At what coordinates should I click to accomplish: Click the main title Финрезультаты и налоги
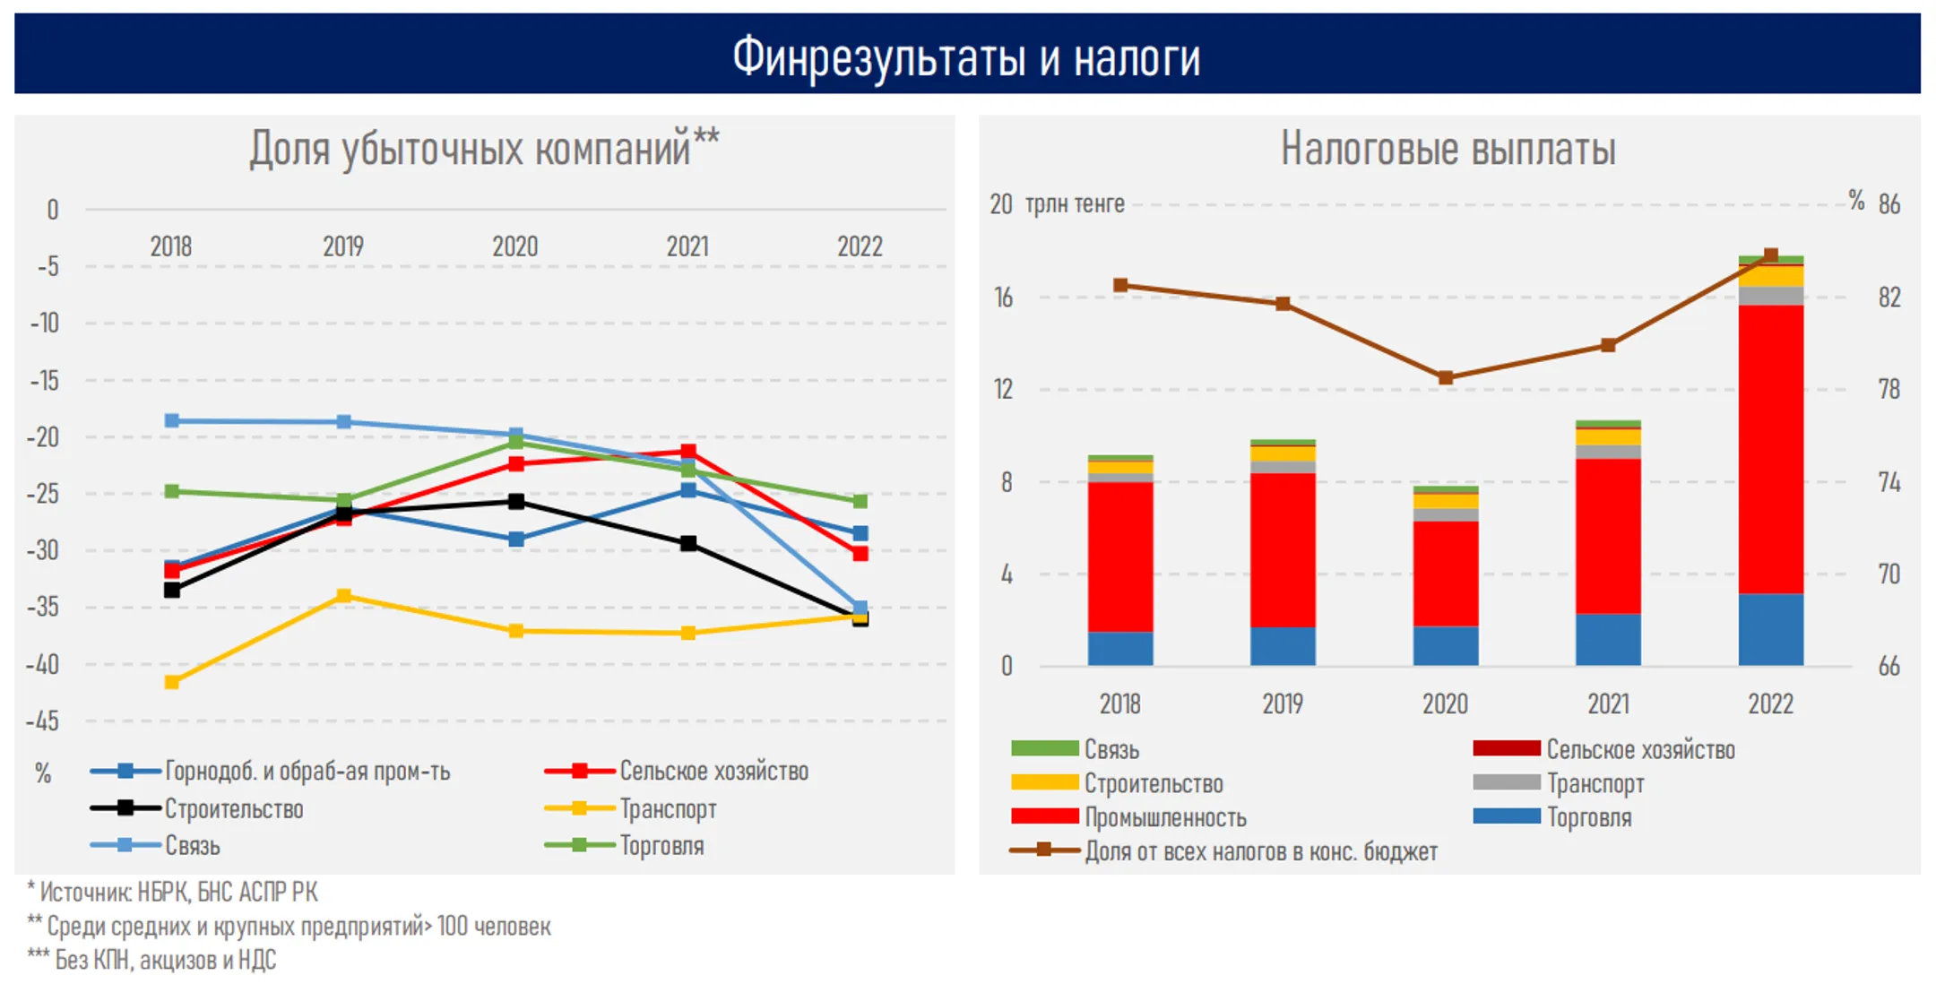[966, 57]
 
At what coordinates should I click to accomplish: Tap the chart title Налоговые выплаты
[1448, 148]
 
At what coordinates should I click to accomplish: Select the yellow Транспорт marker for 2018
[172, 682]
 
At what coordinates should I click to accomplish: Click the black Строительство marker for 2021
[688, 544]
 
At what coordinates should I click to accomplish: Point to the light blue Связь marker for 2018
[172, 420]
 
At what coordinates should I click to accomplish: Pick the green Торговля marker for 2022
[860, 501]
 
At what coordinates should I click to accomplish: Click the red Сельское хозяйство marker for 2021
[688, 452]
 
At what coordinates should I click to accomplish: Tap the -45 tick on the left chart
[43, 721]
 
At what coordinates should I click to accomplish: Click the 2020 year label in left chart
[515, 246]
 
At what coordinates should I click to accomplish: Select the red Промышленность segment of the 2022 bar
[1771, 449]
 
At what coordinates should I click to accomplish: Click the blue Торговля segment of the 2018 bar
[1120, 649]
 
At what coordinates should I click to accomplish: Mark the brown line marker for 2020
[1446, 378]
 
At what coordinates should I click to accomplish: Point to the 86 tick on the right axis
[1889, 204]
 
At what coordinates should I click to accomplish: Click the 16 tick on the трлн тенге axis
[1004, 298]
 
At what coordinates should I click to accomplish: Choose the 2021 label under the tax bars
[1609, 704]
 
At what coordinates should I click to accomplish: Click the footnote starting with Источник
[172, 892]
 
